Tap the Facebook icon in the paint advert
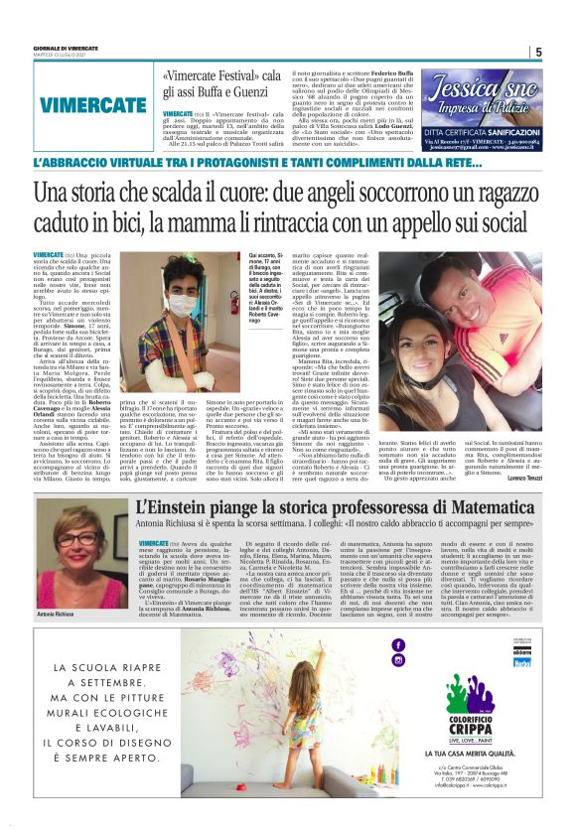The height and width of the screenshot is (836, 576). click(x=398, y=645)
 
